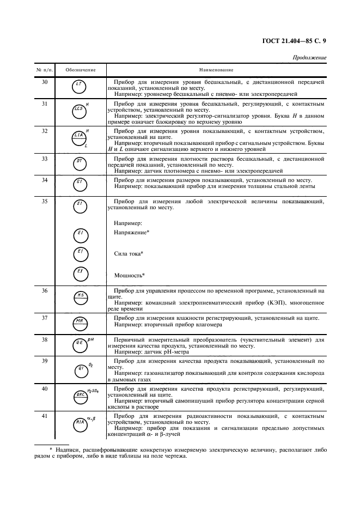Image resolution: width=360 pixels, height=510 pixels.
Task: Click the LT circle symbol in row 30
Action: click(x=79, y=86)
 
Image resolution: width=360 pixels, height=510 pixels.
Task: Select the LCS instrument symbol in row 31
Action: click(x=79, y=109)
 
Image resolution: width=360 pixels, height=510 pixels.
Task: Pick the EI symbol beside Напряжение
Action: click(x=80, y=235)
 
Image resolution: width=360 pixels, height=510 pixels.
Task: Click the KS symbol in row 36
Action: click(x=80, y=296)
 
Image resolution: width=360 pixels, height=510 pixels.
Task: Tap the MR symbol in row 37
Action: click(x=80, y=321)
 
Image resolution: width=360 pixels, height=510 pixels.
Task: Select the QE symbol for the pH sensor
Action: click(x=80, y=343)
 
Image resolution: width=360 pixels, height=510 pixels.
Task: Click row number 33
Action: click(x=45, y=159)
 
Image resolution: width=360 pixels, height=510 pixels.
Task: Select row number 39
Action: click(x=45, y=361)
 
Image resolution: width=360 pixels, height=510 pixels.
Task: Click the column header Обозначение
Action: click(x=81, y=70)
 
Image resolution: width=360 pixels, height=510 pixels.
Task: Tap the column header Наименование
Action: click(x=216, y=70)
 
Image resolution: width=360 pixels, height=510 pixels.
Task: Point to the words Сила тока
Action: click(x=129, y=253)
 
